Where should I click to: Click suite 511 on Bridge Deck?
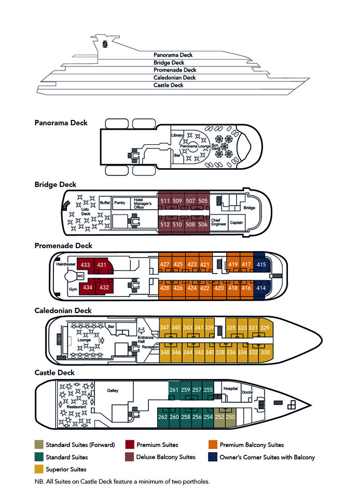click(165, 201)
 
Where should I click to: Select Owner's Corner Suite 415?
click(261, 265)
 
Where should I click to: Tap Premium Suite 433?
click(86, 265)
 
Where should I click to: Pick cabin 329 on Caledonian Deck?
click(265, 328)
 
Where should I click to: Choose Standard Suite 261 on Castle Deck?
click(174, 390)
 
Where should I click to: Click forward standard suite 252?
click(219, 417)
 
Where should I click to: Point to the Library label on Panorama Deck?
click(177, 135)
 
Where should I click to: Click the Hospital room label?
click(230, 388)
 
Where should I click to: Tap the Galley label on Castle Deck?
click(113, 390)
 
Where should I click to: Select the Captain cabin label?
click(237, 223)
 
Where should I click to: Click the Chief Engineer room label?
click(219, 223)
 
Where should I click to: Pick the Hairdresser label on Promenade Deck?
click(66, 264)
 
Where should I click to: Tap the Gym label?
click(73, 288)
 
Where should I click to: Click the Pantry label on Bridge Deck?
click(120, 202)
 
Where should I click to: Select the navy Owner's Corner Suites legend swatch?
click(212, 457)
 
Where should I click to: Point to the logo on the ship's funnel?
click(105, 44)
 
